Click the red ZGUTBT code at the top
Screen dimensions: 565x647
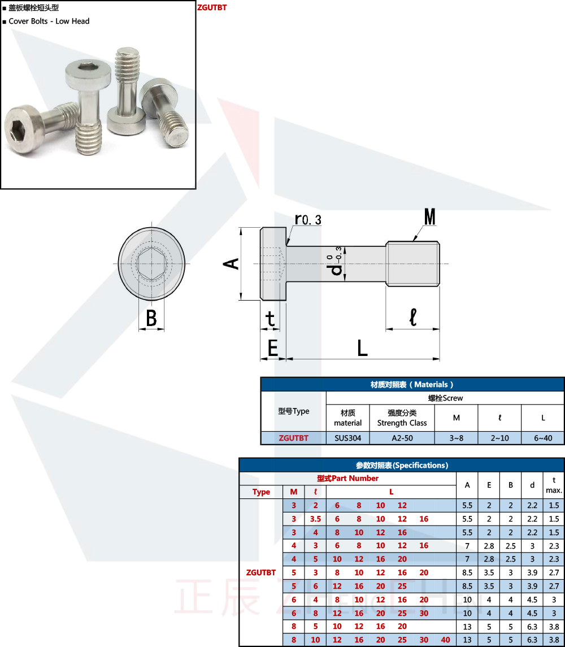coord(212,7)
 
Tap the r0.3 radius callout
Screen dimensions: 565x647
coord(308,219)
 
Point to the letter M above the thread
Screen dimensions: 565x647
coord(429,216)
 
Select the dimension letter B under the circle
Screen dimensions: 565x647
coord(151,318)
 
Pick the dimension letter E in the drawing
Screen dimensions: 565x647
coord(273,348)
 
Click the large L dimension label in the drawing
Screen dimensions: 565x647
coord(362,348)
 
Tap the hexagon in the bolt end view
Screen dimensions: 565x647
coord(151,264)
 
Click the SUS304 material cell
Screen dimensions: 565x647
coord(347,438)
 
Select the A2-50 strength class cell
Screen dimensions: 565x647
coord(402,438)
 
